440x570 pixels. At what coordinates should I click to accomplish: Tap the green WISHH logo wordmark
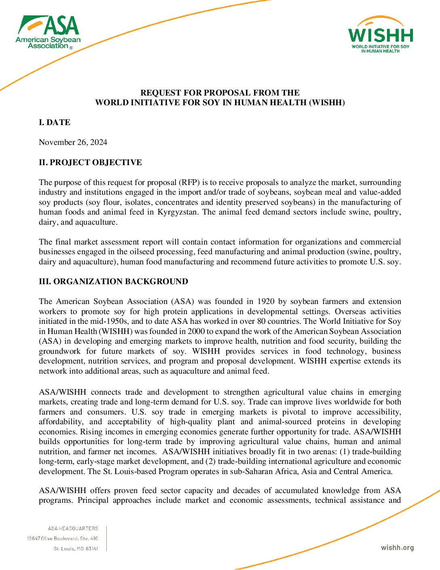point(381,36)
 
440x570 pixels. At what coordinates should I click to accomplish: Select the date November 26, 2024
point(73,142)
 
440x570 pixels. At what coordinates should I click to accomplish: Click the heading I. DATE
point(55,123)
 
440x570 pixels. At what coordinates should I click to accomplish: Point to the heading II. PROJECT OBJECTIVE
point(90,163)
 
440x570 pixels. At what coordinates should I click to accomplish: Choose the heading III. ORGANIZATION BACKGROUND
point(113,282)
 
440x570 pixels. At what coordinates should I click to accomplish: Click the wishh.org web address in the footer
point(397,548)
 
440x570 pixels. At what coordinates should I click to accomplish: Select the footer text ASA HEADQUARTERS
point(73,529)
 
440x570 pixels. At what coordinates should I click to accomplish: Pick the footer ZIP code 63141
point(92,549)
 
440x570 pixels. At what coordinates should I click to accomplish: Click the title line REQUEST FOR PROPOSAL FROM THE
point(220,93)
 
